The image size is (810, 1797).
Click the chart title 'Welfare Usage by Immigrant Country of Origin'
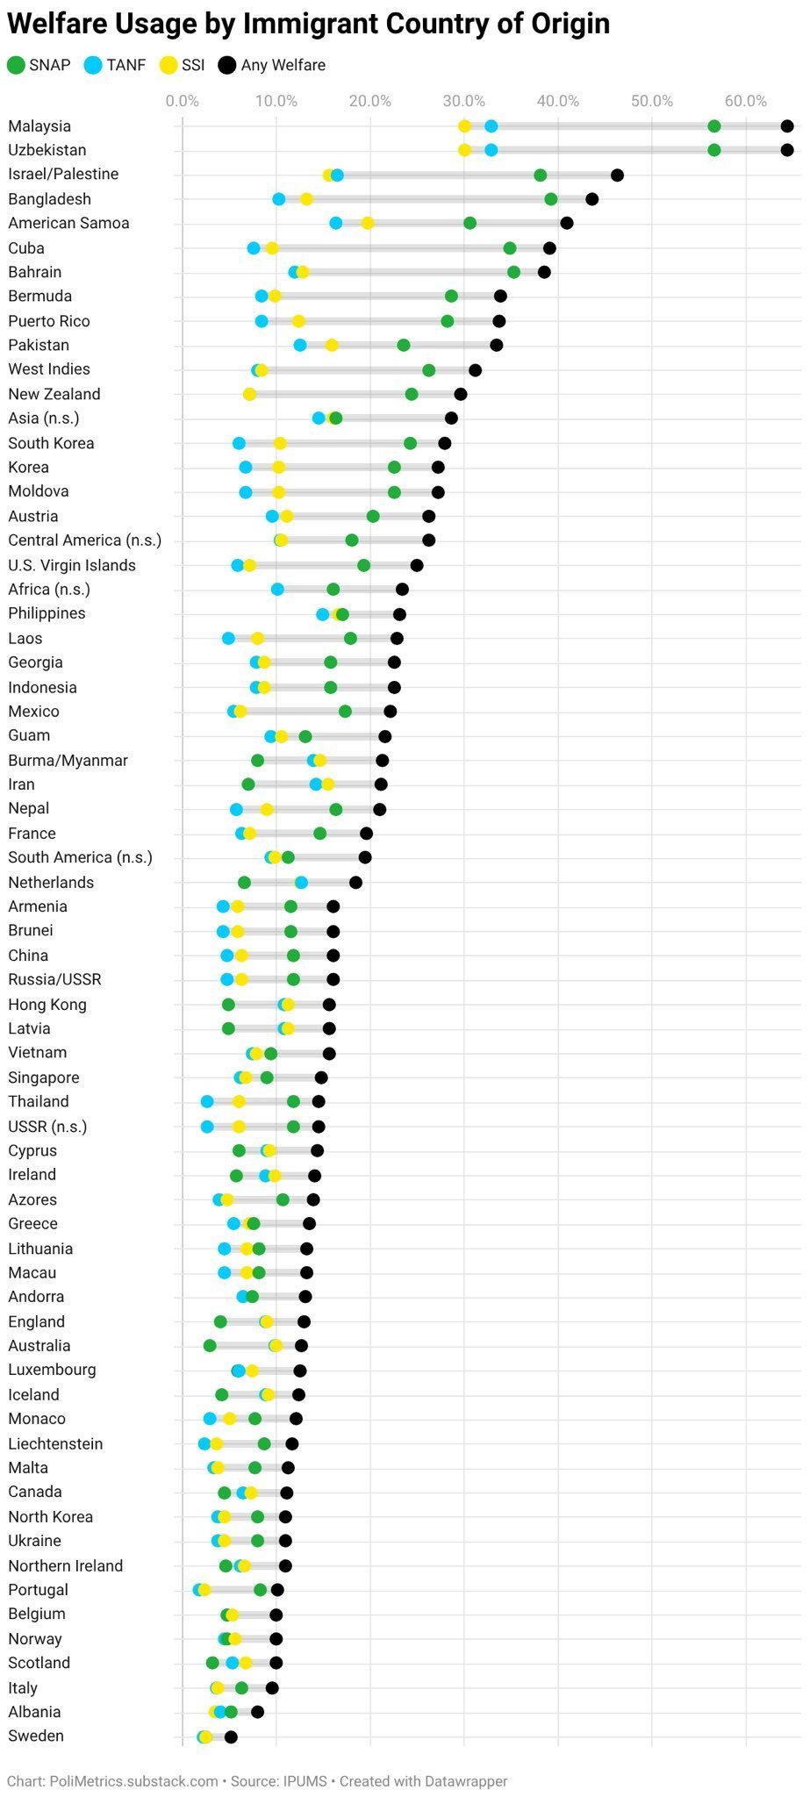[308, 24]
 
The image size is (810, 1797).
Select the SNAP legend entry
[39, 65]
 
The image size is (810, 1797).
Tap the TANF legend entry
[115, 65]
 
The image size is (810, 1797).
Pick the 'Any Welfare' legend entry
[272, 65]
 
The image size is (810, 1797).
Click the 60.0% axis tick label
[746, 101]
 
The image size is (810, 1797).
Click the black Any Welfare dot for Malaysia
[787, 126]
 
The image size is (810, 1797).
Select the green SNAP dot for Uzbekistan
[714, 150]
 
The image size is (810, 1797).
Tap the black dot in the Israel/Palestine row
[617, 175]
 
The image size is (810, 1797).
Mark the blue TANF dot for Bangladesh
[279, 199]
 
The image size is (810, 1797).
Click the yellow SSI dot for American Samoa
[368, 223]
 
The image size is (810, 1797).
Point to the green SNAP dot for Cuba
[510, 248]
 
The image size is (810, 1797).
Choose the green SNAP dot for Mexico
[345, 712]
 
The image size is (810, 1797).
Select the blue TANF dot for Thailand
[207, 1101]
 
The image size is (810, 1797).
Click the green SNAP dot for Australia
[210, 1345]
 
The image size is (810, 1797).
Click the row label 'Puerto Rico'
[49, 321]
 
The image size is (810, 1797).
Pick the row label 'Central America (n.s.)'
[85, 540]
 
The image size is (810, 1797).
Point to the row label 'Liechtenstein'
[55, 1443]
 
